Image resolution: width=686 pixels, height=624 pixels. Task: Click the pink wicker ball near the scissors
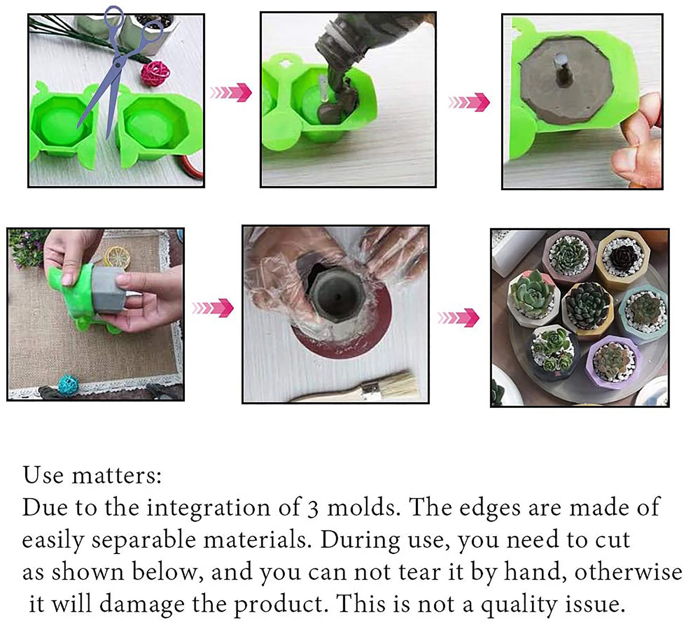(x=156, y=73)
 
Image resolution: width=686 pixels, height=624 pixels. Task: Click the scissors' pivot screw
(x=118, y=64)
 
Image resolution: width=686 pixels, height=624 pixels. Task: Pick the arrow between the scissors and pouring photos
(x=231, y=92)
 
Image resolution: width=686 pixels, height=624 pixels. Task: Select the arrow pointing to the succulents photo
(x=458, y=318)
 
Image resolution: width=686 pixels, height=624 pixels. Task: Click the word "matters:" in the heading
(x=117, y=476)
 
